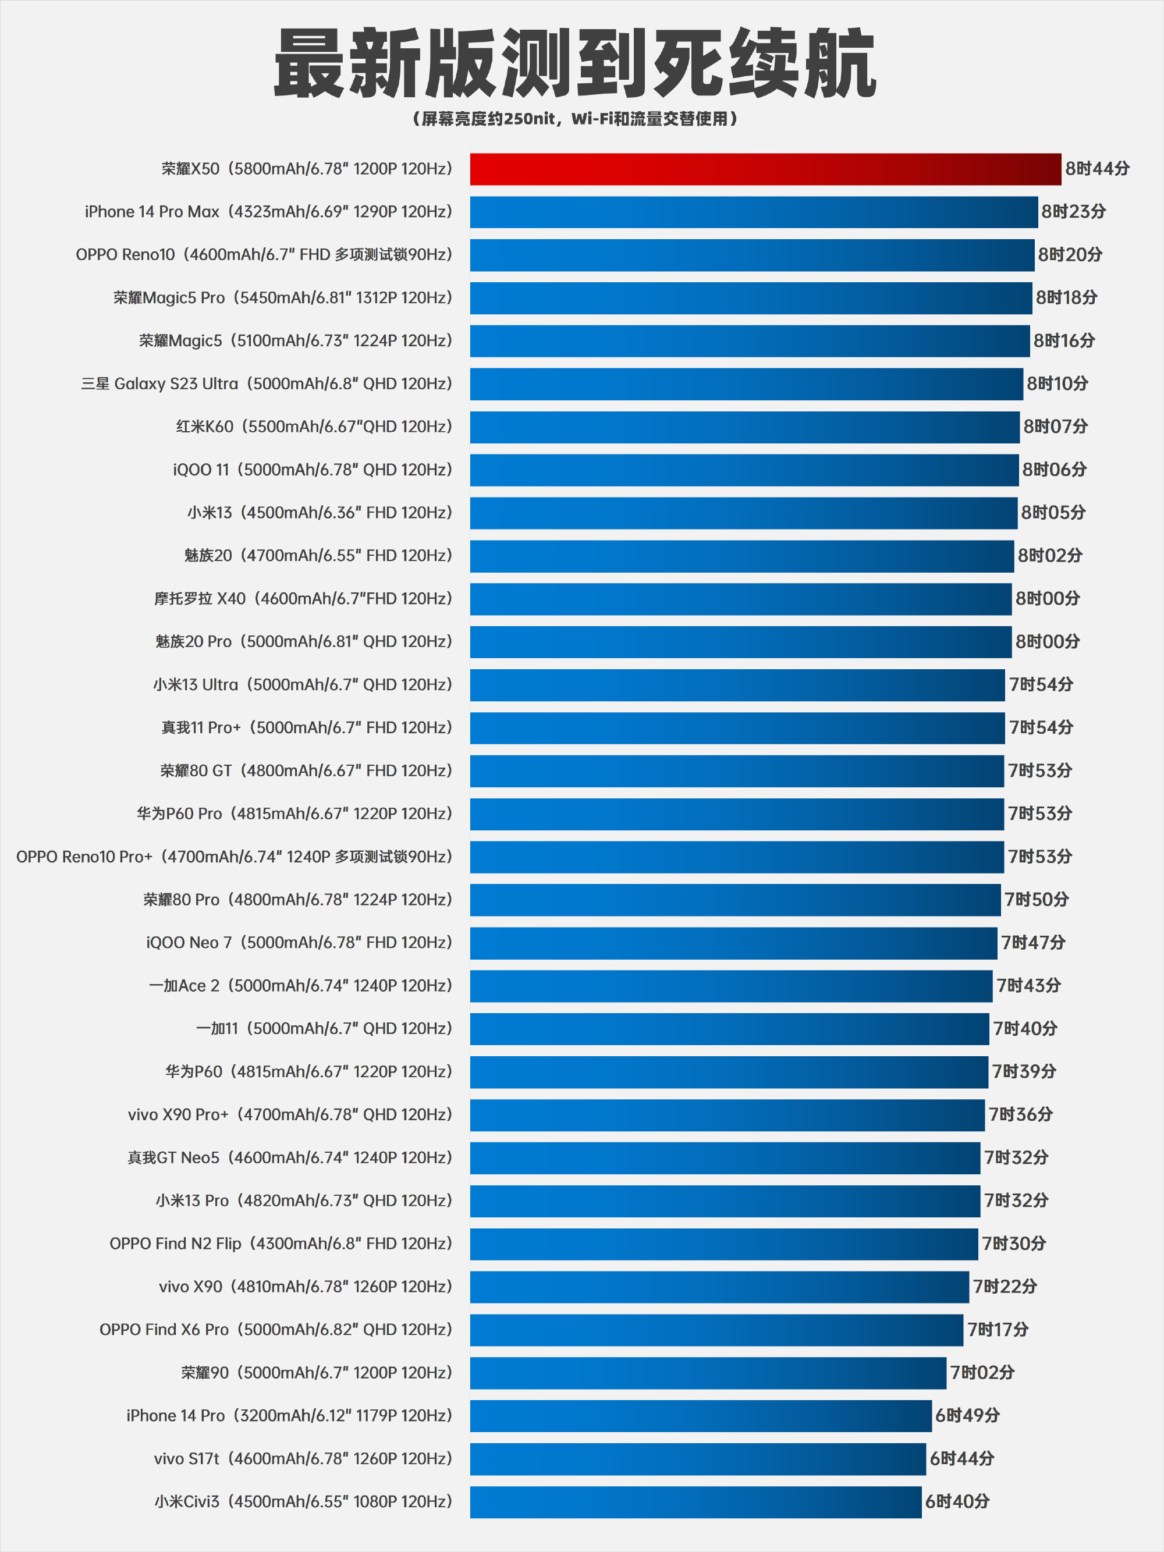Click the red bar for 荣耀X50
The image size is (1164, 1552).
pos(765,169)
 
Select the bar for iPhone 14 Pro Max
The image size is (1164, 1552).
pos(754,212)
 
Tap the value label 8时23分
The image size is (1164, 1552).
pos(1073,212)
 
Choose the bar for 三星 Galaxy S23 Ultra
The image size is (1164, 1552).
pos(746,384)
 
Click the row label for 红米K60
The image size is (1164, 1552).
pos(314,427)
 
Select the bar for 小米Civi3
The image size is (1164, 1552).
pos(695,1501)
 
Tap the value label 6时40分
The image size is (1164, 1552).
pos(957,1501)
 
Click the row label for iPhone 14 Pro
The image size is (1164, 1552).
pos(289,1415)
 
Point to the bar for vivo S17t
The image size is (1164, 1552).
pos(697,1459)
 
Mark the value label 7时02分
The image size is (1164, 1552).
pos(982,1372)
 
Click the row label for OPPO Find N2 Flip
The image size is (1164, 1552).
pos(281,1243)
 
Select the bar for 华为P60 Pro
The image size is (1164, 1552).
pos(737,814)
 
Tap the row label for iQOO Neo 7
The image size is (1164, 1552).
pos(299,942)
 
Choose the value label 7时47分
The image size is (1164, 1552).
pos(1033,942)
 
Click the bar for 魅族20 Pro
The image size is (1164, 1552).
pos(740,641)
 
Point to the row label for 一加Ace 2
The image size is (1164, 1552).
pos(300,986)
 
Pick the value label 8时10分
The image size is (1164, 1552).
pos(1057,384)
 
